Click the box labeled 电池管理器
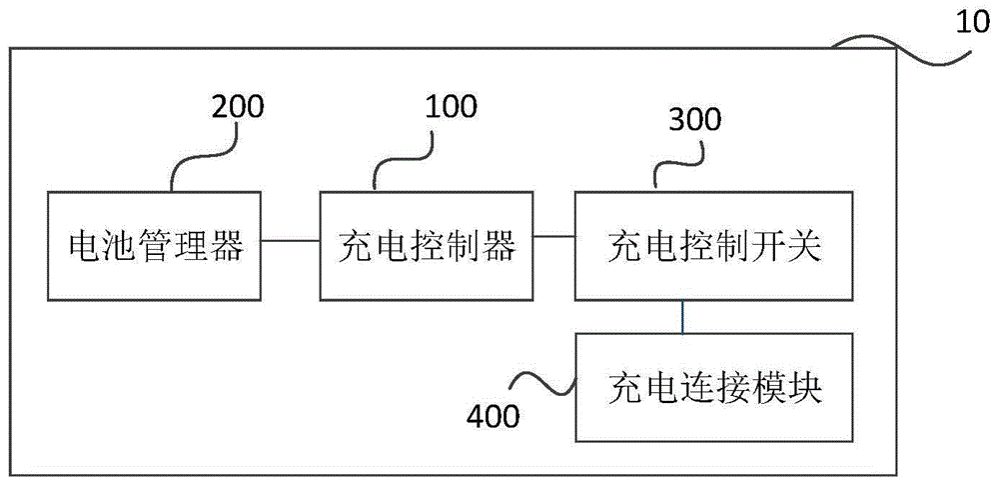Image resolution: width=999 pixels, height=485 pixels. (154, 246)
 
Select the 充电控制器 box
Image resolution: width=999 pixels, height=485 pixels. (427, 246)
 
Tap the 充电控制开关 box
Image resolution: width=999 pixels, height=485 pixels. (713, 246)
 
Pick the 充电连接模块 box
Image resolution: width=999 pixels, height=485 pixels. (713, 387)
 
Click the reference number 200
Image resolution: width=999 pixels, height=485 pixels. (237, 107)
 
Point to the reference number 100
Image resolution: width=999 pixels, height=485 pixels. (451, 107)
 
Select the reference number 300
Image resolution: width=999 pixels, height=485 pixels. (695, 119)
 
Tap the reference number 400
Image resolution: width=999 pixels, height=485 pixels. (494, 417)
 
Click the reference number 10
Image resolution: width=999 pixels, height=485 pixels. (974, 23)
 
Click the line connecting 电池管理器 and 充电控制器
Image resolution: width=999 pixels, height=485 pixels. (291, 241)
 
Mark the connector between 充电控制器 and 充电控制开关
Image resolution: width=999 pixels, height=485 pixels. (554, 236)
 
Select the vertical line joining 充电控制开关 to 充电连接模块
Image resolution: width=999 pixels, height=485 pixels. (683, 317)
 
